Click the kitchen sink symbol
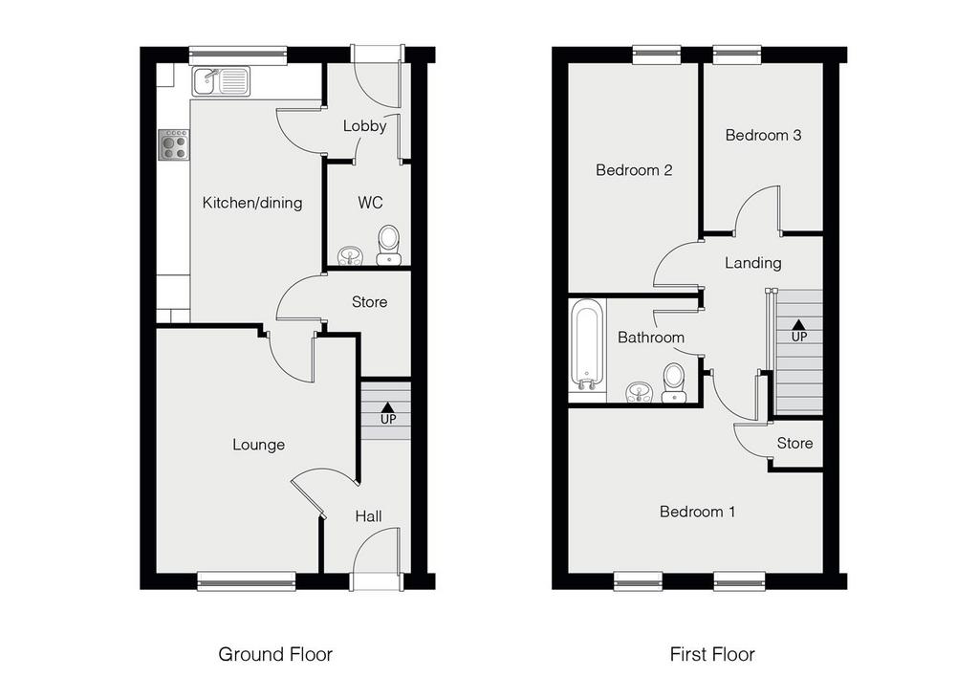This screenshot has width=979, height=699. [x=221, y=81]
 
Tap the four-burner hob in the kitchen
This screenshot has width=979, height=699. [x=174, y=144]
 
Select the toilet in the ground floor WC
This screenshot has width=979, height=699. [x=389, y=243]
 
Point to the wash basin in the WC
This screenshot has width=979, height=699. [x=351, y=254]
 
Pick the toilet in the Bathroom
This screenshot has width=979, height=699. [x=674, y=381]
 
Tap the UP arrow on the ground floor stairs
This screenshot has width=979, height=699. [x=387, y=412]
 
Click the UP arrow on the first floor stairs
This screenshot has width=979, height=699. [x=798, y=331]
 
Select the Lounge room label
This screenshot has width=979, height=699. [x=258, y=445]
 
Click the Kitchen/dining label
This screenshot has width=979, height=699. [x=252, y=203]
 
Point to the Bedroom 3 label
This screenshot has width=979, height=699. [x=763, y=135]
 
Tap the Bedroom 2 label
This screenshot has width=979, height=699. [x=634, y=170]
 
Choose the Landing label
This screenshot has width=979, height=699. [x=752, y=263]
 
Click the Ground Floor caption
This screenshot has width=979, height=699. [x=275, y=654]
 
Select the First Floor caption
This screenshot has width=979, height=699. [x=711, y=654]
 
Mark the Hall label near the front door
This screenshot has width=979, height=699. [x=368, y=516]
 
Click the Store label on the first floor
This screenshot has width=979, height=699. [x=794, y=443]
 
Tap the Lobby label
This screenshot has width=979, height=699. [x=364, y=125]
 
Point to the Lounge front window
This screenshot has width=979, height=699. [x=246, y=579]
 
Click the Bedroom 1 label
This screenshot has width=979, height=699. [x=697, y=512]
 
